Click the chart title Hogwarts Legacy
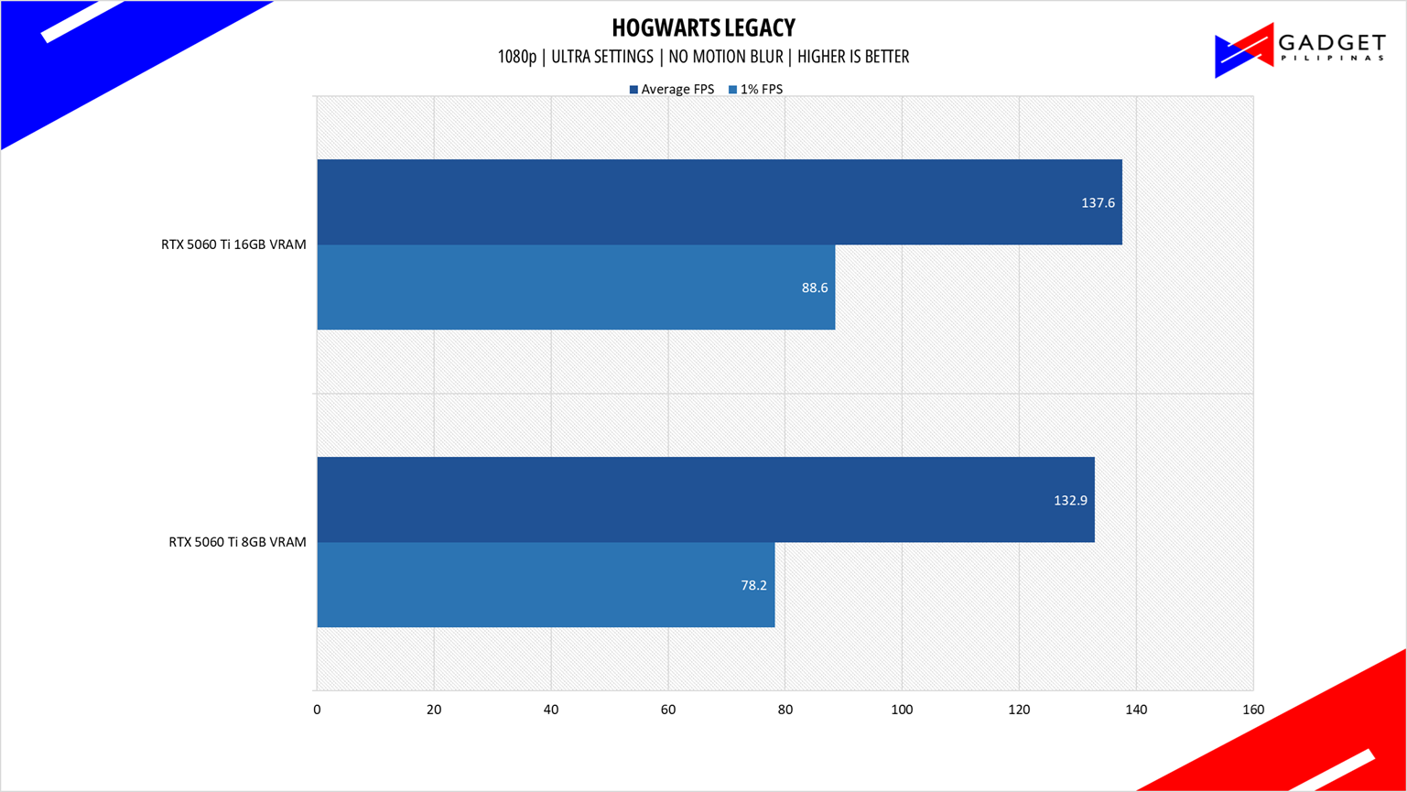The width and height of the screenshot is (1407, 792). click(x=703, y=27)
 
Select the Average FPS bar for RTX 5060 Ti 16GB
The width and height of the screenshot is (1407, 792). click(x=720, y=201)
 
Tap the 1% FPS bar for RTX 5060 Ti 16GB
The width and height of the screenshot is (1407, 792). click(x=576, y=287)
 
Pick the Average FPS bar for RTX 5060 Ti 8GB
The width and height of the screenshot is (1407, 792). click(x=706, y=499)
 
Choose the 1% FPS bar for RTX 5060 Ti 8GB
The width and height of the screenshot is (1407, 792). click(x=546, y=585)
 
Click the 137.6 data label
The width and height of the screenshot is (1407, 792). click(x=1098, y=203)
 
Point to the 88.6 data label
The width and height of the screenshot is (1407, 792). click(x=815, y=288)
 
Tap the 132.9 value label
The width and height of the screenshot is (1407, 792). click(x=1070, y=501)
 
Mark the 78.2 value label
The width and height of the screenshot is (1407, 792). click(x=753, y=585)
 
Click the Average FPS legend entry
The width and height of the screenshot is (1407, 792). click(x=672, y=89)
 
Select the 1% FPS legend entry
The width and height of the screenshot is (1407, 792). click(x=755, y=89)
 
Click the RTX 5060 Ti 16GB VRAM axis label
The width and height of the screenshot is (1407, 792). click(x=233, y=244)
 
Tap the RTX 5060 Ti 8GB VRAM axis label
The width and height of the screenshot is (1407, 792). click(x=237, y=542)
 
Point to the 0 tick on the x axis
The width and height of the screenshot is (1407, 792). click(x=318, y=710)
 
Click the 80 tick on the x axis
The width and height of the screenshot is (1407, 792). click(x=785, y=710)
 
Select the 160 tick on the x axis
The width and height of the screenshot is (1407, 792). click(x=1253, y=710)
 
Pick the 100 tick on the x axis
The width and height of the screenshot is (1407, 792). click(x=902, y=710)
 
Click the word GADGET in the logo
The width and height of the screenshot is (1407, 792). click(x=1332, y=43)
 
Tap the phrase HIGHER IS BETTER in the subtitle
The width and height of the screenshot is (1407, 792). click(x=853, y=57)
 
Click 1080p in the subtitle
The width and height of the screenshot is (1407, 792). click(x=517, y=57)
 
